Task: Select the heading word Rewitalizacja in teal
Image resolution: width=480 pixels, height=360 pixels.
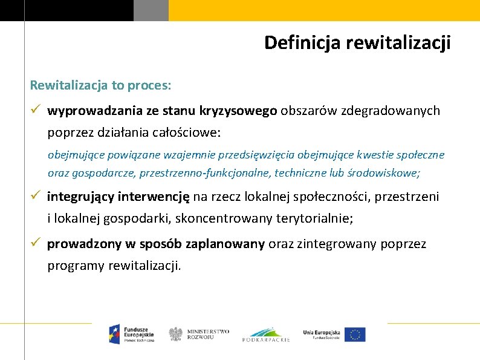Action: point(68,85)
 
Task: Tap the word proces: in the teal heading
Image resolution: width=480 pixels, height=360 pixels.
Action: point(149,85)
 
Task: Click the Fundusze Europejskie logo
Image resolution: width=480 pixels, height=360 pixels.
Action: point(131,333)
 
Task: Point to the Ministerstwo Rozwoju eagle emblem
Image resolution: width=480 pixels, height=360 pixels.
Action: point(175,334)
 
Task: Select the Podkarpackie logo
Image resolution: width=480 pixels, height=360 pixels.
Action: point(266,335)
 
